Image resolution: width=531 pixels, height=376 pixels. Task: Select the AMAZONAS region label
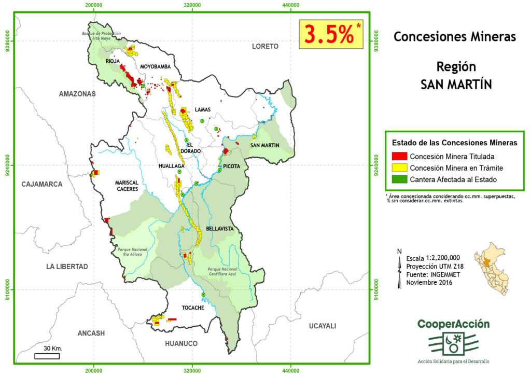[77, 94]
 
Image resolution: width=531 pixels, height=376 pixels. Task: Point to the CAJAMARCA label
[41, 184]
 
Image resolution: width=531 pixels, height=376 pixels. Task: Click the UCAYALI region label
[322, 326]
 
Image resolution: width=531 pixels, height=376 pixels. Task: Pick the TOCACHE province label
[192, 308]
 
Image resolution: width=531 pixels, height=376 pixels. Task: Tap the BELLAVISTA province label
[220, 228]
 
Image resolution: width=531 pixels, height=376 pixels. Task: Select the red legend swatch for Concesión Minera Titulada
[399, 156]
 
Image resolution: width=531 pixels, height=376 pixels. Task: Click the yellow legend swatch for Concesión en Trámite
[399, 168]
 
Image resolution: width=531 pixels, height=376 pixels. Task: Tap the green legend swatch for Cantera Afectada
[399, 179]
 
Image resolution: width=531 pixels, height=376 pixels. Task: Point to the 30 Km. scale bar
[47, 356]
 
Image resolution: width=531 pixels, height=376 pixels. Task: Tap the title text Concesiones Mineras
[454, 37]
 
